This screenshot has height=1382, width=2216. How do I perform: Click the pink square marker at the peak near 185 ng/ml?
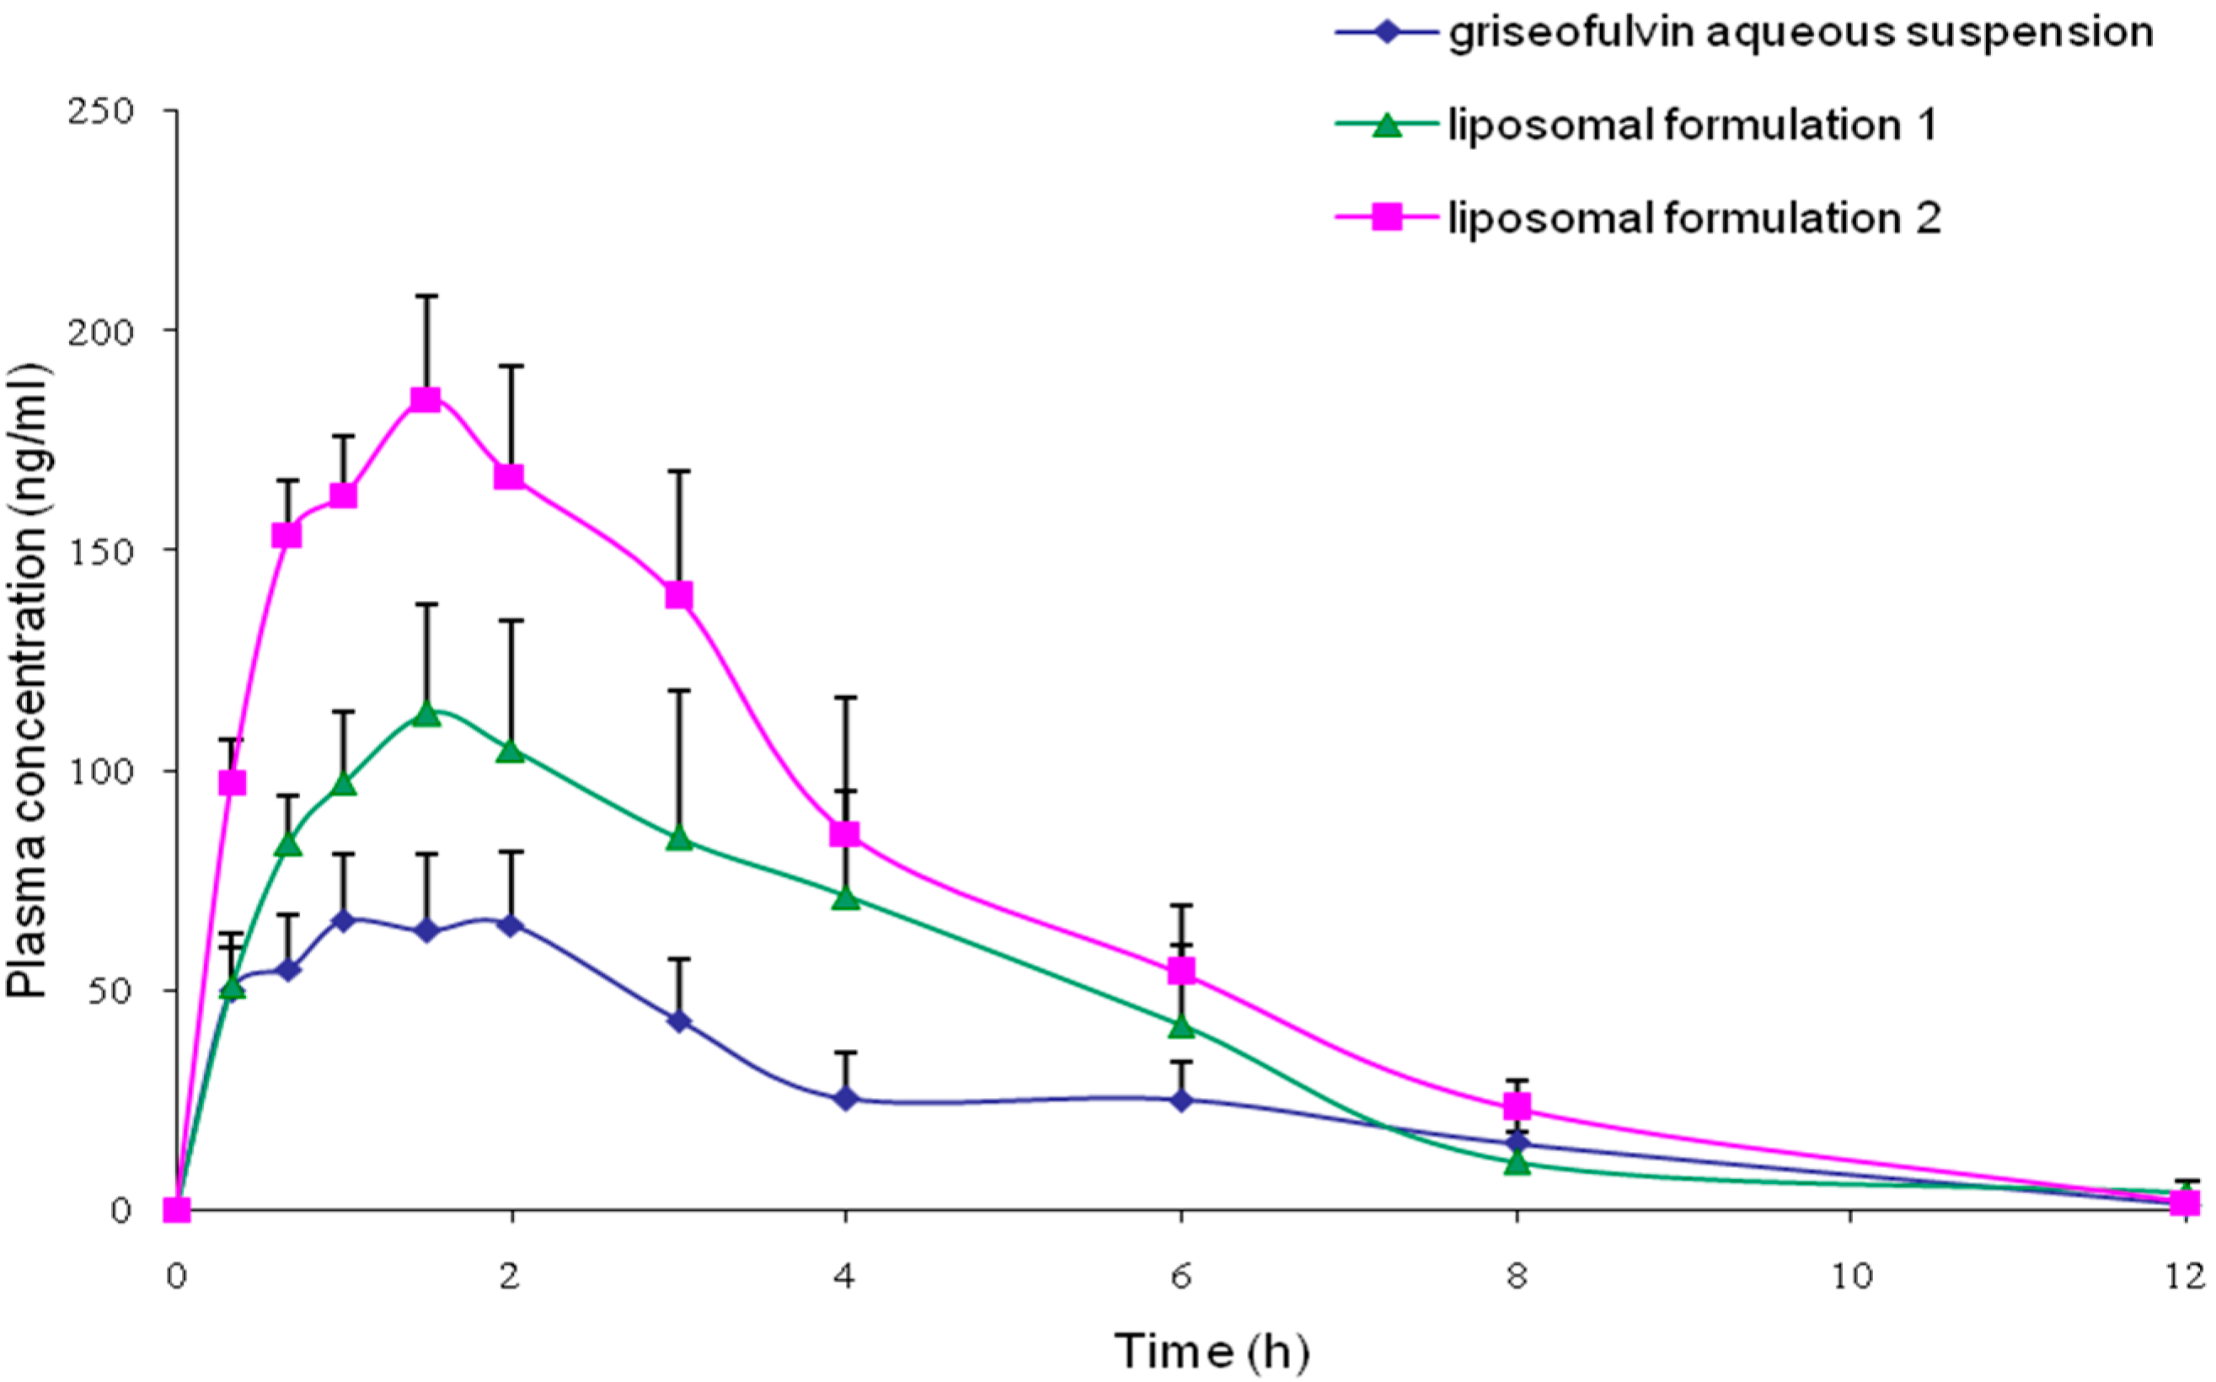point(426,399)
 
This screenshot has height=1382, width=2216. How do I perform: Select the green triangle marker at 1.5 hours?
point(426,715)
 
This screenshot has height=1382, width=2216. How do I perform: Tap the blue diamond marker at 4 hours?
point(846,1099)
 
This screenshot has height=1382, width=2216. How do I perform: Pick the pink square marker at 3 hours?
point(678,596)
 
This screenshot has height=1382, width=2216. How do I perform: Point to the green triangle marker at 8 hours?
point(1517,1164)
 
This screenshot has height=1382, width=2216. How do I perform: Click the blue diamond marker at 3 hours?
point(678,1021)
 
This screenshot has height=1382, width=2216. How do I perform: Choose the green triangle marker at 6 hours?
point(1181,1026)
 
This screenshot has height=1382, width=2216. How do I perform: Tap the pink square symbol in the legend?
point(1386,217)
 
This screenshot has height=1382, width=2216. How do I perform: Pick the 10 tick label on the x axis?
point(1849,1276)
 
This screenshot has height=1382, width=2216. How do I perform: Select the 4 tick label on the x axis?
point(845,1276)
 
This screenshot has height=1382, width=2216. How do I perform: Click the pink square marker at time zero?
point(176,1210)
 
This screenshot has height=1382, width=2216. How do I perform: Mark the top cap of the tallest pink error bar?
point(426,296)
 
